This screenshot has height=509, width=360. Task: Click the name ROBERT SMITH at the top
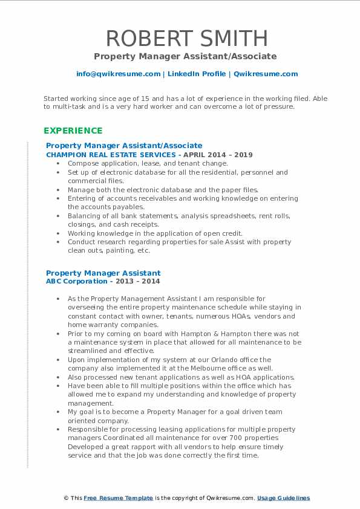coord(180,38)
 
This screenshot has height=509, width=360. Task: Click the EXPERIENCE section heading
coord(73,131)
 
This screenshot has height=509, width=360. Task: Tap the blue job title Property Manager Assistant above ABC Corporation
coord(103,273)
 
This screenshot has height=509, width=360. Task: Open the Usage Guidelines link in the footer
coord(283,498)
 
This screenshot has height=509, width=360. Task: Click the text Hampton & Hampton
coord(181,333)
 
